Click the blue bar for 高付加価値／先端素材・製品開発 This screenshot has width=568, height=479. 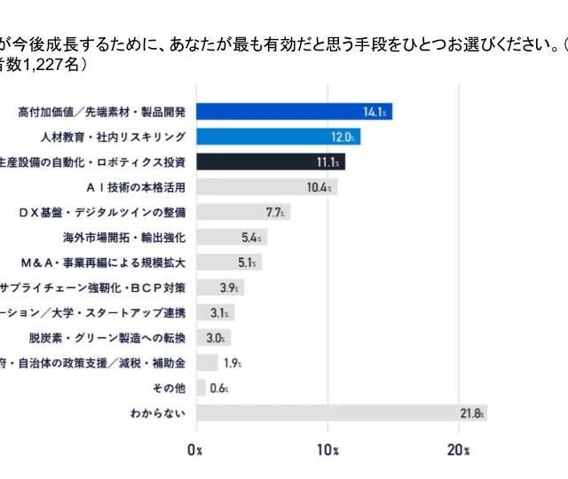click(293, 112)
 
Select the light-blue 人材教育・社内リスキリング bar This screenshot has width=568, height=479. click(278, 137)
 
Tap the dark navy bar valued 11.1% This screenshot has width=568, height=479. click(270, 162)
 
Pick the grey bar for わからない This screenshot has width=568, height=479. click(342, 413)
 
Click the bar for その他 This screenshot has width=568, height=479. click(201, 389)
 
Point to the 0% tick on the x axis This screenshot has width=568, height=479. click(196, 449)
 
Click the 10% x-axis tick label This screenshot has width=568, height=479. click(328, 449)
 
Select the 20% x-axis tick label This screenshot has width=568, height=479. click(459, 449)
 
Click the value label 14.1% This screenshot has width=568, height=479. click(375, 113)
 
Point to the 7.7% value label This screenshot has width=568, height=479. click(275, 213)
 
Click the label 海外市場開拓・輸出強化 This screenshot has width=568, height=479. click(124, 238)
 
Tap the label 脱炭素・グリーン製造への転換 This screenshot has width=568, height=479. click(107, 338)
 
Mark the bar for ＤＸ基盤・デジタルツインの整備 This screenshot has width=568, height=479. click(242, 212)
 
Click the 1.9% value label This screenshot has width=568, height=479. click(233, 364)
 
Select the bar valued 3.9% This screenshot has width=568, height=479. click(219, 287)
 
